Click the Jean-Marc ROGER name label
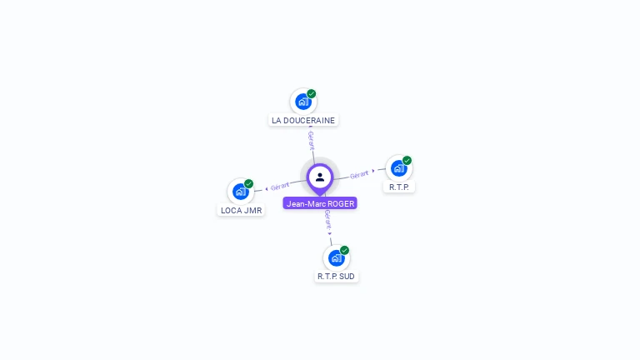[320, 203]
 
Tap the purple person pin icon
[320, 177]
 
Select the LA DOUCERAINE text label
[303, 120]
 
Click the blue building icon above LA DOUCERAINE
[302, 102]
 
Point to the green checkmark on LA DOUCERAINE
[312, 93]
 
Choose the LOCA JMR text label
[242, 210]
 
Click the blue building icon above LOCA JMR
[240, 192]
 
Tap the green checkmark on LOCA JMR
[249, 183]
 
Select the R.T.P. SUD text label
[336, 276]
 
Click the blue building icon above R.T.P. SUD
[336, 257]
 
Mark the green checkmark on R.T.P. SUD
[345, 250]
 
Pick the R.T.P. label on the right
[399, 187]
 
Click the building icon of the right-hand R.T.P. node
[398, 168]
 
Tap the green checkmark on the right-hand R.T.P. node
[407, 160]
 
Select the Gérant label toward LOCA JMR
[280, 186]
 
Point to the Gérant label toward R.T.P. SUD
[328, 220]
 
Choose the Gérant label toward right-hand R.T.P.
[359, 174]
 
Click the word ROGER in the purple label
[342, 203]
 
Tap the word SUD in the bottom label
[347, 276]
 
